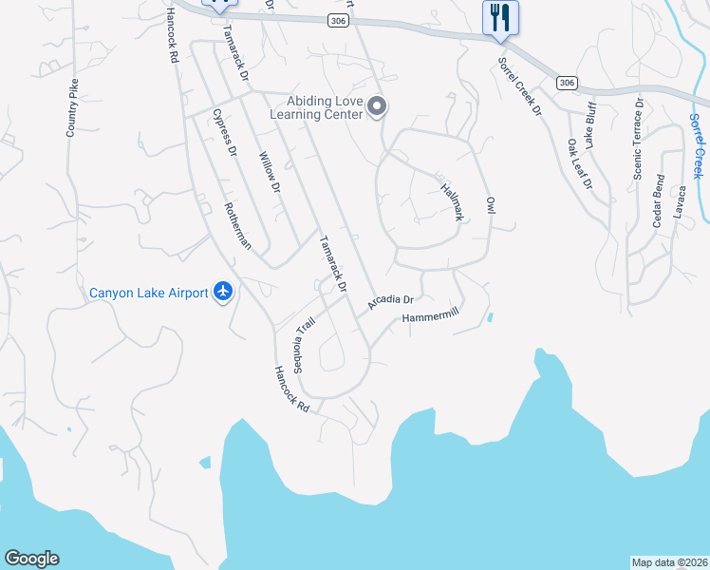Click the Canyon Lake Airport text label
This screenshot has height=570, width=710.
148,293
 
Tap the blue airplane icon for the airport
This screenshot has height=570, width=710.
223,292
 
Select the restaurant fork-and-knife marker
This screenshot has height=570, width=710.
500,18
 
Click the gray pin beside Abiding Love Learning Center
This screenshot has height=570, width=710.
377,107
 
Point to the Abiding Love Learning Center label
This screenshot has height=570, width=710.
317,107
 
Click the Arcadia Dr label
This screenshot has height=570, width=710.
391,304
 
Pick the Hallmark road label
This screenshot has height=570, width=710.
452,202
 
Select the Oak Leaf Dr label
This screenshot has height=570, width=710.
578,163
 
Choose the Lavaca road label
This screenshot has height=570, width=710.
679,200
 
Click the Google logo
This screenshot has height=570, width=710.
31,559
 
